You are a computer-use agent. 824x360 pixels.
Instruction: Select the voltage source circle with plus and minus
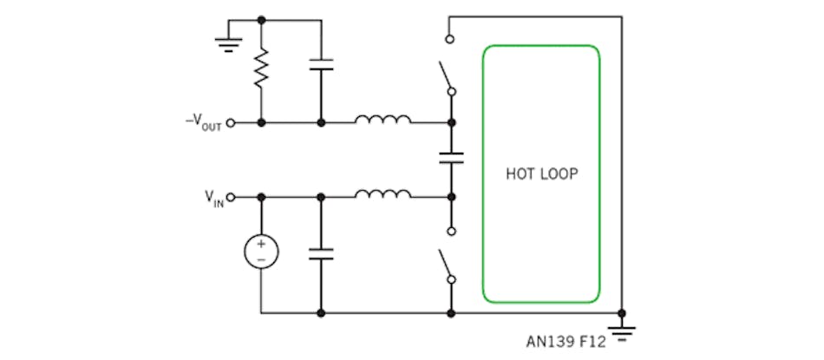pos(261,252)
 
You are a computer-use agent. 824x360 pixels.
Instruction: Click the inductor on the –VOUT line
pos(382,120)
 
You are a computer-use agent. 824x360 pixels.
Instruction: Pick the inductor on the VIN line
pos(382,193)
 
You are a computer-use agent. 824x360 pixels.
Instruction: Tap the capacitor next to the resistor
pos(321,64)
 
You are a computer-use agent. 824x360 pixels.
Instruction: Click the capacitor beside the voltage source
pos(321,254)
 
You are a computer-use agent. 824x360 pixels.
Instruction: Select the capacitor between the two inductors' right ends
pos(451,158)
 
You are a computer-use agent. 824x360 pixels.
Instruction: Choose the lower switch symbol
pos(447,265)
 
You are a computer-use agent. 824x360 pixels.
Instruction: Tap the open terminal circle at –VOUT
pos(231,123)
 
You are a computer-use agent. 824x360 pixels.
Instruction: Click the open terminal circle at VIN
pos(231,197)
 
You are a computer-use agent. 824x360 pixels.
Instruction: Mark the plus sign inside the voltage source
pos(261,245)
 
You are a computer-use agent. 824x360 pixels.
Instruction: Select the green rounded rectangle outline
pos(483,173)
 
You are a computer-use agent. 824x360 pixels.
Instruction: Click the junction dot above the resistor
pos(261,18)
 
